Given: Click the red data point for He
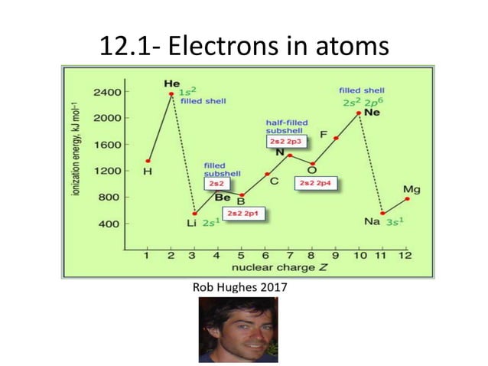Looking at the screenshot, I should pos(171,94).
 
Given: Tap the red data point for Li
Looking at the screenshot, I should pos(195,214).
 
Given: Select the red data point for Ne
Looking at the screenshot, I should pos(359,113).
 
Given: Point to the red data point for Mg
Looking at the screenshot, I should pos(407,199).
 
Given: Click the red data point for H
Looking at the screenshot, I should pos(148,161).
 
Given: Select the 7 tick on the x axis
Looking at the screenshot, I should pos(288,255).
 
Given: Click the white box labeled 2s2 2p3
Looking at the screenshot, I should pos(285,142).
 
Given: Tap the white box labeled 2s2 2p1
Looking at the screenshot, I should pos(243,214).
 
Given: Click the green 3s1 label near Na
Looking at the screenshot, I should pos(394,222).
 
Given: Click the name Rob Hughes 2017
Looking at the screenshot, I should pos(242,288).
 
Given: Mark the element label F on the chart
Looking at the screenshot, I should pos(324,136).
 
